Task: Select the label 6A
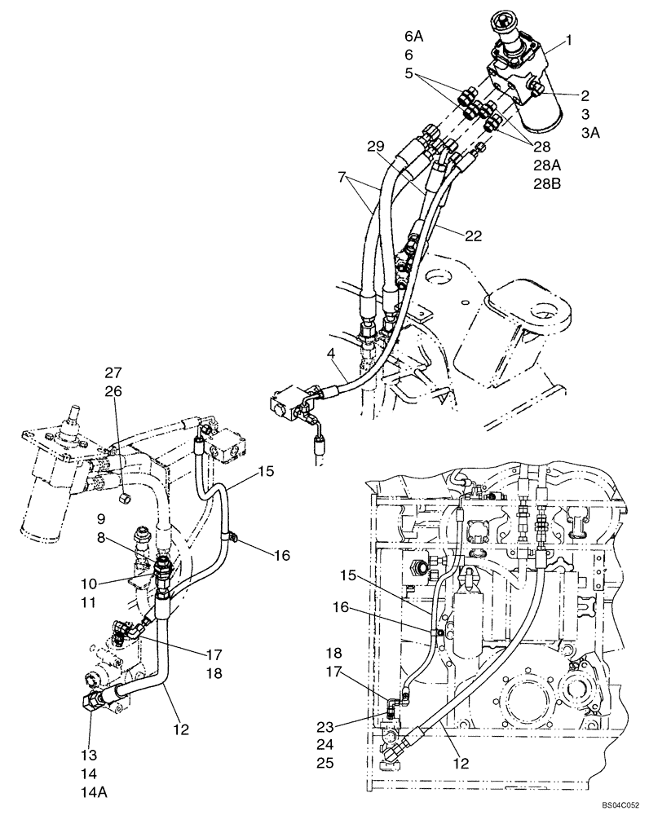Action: (x=414, y=37)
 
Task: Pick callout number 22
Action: (x=473, y=237)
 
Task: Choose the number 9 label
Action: (x=100, y=518)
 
